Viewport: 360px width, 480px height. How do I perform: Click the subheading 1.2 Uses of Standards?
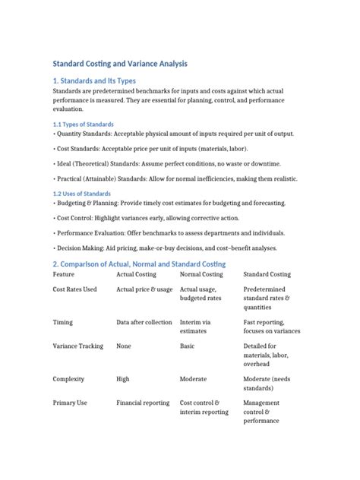point(81,194)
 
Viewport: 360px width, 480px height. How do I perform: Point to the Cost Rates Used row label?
point(74,289)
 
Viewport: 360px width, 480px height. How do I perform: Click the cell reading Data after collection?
point(144,322)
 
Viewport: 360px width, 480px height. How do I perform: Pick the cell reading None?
point(124,346)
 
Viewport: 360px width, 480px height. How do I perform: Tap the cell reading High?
point(123,378)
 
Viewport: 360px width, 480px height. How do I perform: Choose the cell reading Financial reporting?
point(143,403)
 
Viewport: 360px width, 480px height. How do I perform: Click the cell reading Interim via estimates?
point(196,327)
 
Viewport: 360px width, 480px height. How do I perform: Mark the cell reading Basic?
point(188,346)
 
